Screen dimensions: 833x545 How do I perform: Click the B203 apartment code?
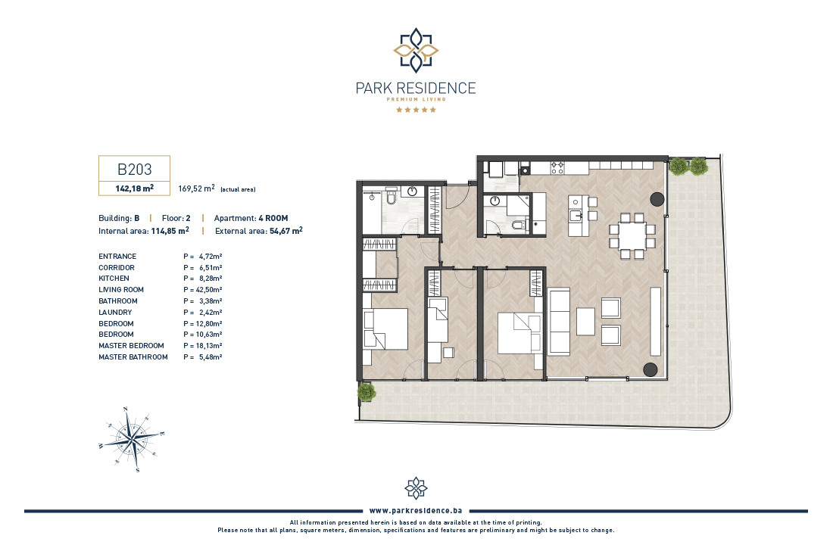[134, 170]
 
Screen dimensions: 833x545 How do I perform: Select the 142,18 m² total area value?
[134, 188]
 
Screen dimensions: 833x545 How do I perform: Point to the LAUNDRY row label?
[115, 313]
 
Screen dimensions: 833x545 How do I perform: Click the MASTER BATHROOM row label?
[133, 357]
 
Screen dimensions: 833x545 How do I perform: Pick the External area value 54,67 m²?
[285, 231]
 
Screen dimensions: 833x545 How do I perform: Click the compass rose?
[132, 439]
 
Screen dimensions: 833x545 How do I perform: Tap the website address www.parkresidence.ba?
[416, 510]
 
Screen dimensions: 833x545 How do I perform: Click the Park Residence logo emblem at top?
[416, 51]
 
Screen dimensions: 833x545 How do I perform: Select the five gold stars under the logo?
[416, 110]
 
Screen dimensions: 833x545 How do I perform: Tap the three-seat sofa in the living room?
[559, 322]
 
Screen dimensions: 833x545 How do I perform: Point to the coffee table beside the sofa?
[585, 322]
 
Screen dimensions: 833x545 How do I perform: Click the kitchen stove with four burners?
[557, 168]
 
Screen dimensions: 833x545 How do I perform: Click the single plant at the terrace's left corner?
[366, 393]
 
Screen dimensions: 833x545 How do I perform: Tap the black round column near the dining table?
[657, 199]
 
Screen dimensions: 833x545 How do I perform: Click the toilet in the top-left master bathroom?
[391, 197]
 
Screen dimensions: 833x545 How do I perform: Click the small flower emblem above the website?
[416, 488]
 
